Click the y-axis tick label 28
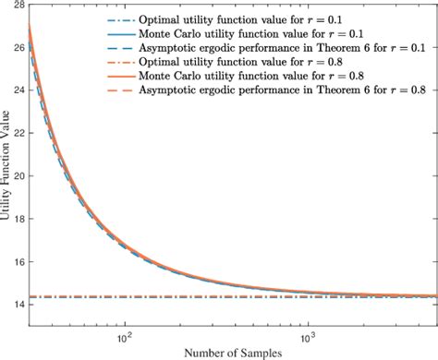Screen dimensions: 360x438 (17, 7)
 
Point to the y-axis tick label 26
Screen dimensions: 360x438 (17, 49)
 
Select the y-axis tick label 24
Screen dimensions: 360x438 (17, 91)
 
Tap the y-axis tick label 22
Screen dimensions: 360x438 (17, 134)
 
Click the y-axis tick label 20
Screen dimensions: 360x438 (17, 175)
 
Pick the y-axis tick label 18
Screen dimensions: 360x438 (17, 218)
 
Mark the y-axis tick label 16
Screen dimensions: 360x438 (17, 260)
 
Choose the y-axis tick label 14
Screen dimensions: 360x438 (17, 303)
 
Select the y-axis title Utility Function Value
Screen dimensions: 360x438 (6, 167)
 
